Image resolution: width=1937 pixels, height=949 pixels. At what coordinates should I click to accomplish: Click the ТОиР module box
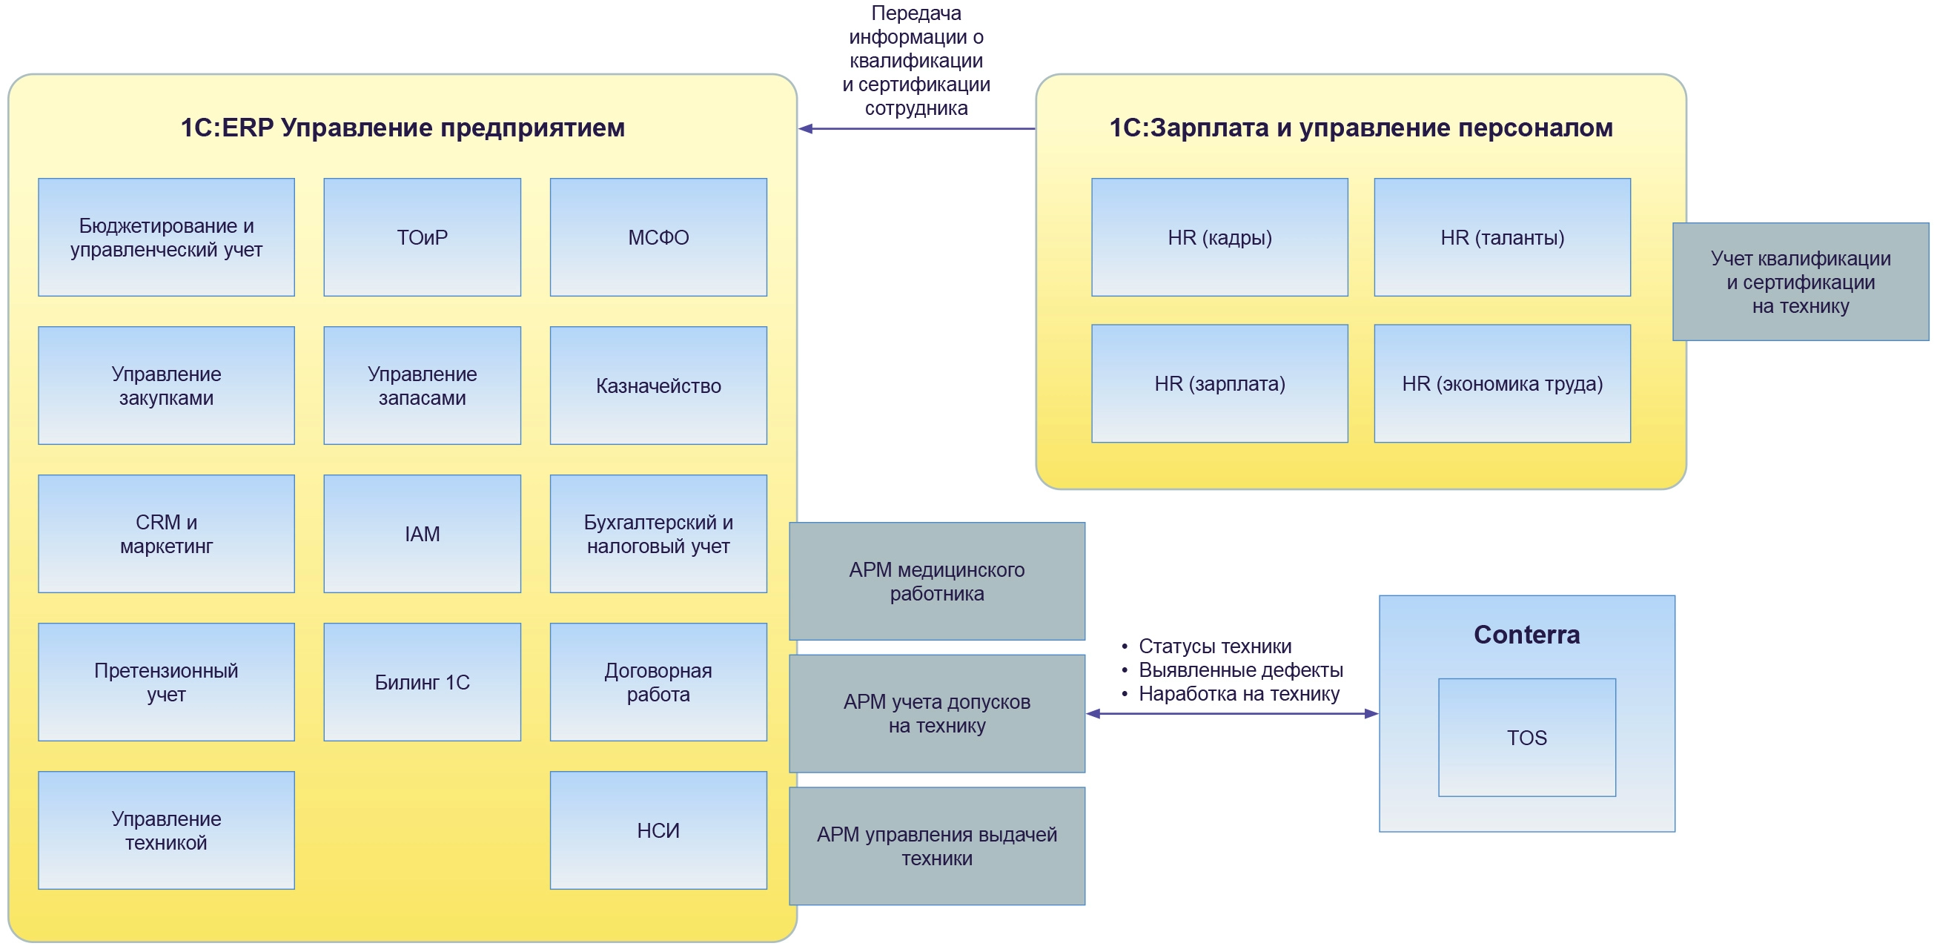pyautogui.click(x=422, y=237)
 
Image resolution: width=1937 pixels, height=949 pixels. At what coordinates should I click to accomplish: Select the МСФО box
pyautogui.click(x=658, y=237)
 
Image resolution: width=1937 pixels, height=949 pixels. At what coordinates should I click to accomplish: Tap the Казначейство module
pyautogui.click(x=658, y=385)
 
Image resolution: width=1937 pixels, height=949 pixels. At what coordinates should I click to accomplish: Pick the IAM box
pyautogui.click(x=422, y=533)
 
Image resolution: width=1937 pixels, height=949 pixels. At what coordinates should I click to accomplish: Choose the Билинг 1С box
pyautogui.click(x=422, y=681)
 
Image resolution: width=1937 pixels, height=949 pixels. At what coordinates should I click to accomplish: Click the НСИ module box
pyautogui.click(x=658, y=830)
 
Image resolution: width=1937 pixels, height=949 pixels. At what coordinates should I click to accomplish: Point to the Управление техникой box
pyautogui.click(x=166, y=830)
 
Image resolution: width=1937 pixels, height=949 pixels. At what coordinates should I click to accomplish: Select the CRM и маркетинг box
pyautogui.click(x=166, y=533)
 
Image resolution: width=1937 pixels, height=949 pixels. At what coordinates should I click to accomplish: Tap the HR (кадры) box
pyautogui.click(x=1219, y=237)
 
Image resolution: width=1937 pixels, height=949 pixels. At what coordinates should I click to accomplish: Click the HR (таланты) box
pyautogui.click(x=1502, y=237)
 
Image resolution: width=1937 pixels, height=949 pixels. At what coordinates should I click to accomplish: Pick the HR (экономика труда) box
pyautogui.click(x=1502, y=383)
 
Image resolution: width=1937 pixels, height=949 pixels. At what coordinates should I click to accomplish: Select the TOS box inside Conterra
pyautogui.click(x=1526, y=737)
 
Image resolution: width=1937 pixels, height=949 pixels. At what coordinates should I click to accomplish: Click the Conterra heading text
pyautogui.click(x=1526, y=635)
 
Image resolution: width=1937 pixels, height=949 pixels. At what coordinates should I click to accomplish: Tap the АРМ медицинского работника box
pyautogui.click(x=936, y=581)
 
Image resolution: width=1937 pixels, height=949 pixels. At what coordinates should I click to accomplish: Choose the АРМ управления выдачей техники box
pyautogui.click(x=936, y=845)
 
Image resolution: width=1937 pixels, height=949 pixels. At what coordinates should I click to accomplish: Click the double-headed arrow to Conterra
pyautogui.click(x=1232, y=714)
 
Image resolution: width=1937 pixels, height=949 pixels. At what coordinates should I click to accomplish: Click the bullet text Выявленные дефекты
pyautogui.click(x=1240, y=669)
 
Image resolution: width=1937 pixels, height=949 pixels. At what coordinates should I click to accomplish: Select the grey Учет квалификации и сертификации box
pyautogui.click(x=1800, y=281)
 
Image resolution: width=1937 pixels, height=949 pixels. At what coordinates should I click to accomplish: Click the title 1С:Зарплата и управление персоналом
pyautogui.click(x=1360, y=128)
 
